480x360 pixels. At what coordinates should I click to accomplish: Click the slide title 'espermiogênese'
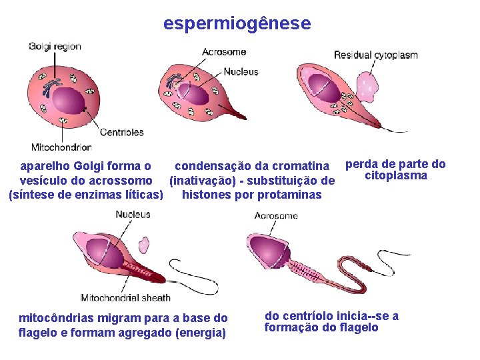237,24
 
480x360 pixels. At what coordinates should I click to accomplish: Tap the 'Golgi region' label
55,47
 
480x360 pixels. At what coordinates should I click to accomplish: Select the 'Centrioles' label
122,132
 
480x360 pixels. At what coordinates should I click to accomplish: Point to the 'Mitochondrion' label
61,147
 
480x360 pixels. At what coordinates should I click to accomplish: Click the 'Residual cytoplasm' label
376,55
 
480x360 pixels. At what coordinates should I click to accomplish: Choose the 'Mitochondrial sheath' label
125,297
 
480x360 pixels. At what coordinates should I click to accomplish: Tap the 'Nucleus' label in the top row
241,72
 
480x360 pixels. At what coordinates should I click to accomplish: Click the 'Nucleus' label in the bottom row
133,215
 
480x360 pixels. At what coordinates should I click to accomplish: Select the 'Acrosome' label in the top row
224,52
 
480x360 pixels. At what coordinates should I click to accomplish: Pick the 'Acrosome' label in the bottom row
276,216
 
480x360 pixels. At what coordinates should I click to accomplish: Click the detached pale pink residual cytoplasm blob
366,85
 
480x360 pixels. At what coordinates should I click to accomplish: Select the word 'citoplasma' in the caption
396,176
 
